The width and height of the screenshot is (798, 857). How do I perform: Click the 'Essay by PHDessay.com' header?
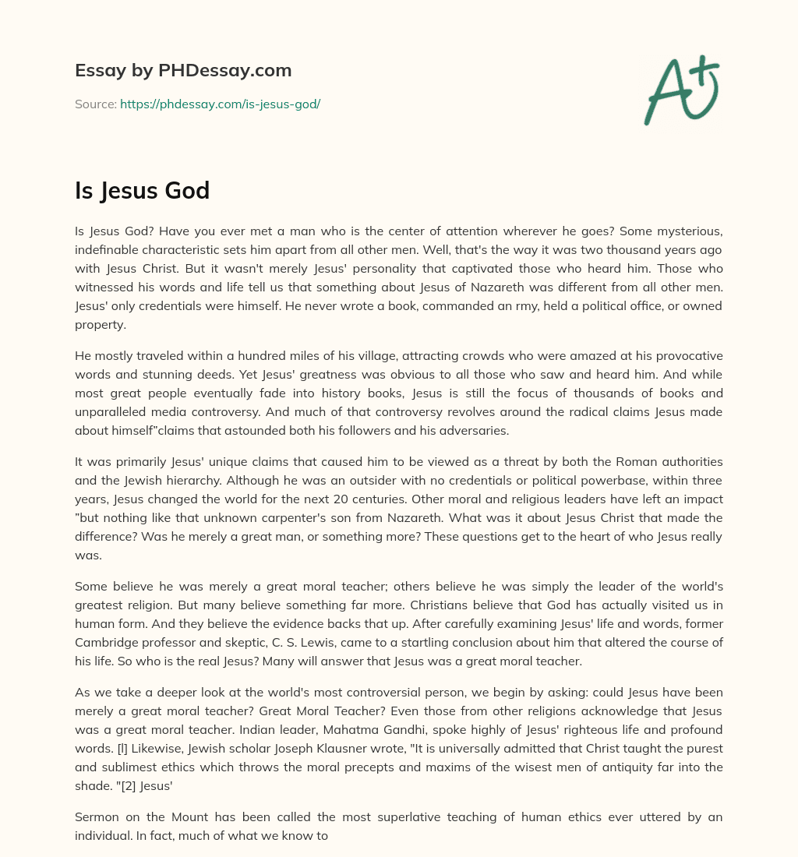183,71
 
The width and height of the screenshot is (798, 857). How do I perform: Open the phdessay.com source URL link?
220,104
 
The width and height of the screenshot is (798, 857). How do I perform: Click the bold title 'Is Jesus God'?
142,190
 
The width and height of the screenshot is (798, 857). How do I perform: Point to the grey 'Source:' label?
95,104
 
